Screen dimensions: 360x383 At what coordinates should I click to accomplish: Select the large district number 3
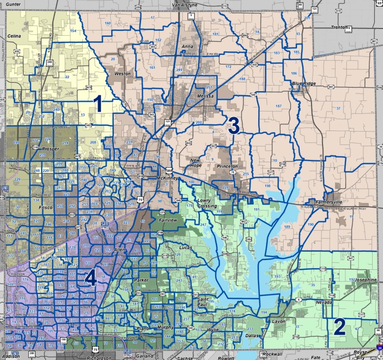coord(233,125)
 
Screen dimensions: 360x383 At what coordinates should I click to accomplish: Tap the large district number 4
coord(91,279)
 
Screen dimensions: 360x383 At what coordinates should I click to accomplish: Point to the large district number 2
coord(340,327)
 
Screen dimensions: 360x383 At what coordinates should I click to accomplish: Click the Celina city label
coord(14,36)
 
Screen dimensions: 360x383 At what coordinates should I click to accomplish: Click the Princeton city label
coord(228,166)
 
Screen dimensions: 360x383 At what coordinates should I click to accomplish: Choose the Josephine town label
coord(366,280)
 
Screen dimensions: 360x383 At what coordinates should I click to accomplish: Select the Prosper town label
coord(51,149)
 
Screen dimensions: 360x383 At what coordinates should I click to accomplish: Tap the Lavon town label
coord(279,321)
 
